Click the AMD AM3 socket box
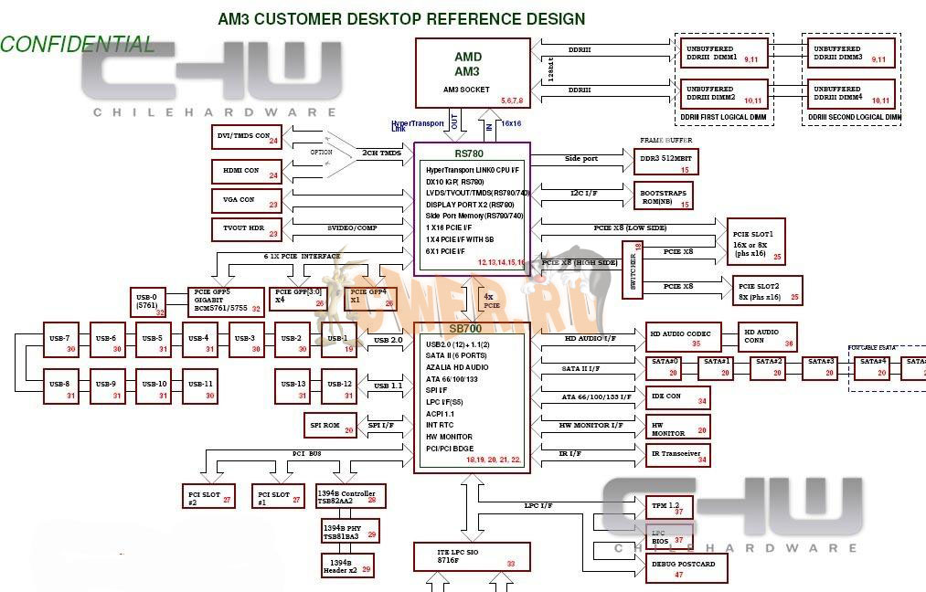[473, 72]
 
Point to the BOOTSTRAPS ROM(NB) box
[664, 196]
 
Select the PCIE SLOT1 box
[756, 241]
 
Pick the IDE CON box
[678, 396]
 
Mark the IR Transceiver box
[678, 454]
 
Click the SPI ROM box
[330, 425]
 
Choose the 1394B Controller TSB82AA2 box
[348, 497]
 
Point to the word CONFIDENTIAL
[77, 44]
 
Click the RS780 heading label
[469, 153]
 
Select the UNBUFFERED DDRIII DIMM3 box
[850, 53]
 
